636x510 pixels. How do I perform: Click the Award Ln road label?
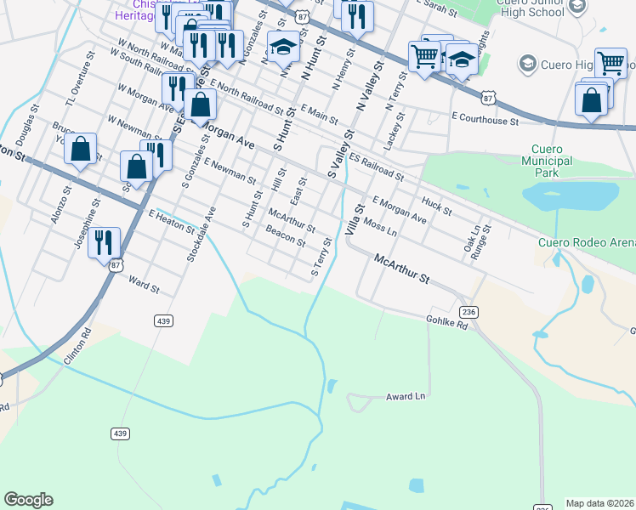[x=405, y=397]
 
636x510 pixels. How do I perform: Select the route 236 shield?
[x=470, y=313]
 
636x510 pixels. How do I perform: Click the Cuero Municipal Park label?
[x=545, y=159]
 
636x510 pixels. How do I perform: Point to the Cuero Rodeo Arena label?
[x=586, y=241]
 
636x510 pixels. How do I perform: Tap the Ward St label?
[x=144, y=284]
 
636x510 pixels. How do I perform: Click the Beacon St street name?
[x=285, y=235]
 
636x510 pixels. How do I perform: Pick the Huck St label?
[x=436, y=205]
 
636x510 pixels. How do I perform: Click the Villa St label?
[x=354, y=219]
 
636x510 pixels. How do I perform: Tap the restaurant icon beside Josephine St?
[x=104, y=241]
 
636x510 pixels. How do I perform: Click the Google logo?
[x=28, y=500]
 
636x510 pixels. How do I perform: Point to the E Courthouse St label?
[x=485, y=121]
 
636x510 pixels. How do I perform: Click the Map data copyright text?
[x=600, y=503]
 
